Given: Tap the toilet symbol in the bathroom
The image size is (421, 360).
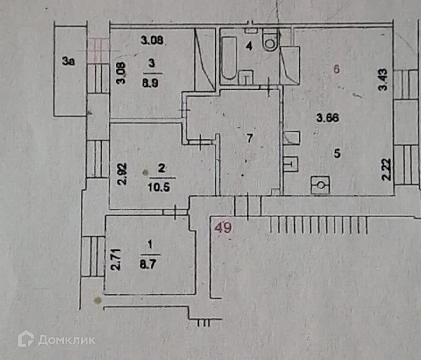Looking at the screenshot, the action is [x=270, y=41].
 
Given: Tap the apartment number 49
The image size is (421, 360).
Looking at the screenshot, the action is [x=223, y=229].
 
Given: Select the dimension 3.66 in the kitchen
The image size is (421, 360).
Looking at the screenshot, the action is [x=328, y=118].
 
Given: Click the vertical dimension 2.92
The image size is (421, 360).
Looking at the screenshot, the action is [x=122, y=174].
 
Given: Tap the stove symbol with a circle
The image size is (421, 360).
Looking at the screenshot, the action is [x=321, y=185].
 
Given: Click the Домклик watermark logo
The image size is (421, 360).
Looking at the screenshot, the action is [x=56, y=339].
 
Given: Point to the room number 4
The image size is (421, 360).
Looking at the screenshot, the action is [x=249, y=46].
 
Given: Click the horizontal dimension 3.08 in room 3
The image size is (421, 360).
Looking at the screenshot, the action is [x=152, y=41].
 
